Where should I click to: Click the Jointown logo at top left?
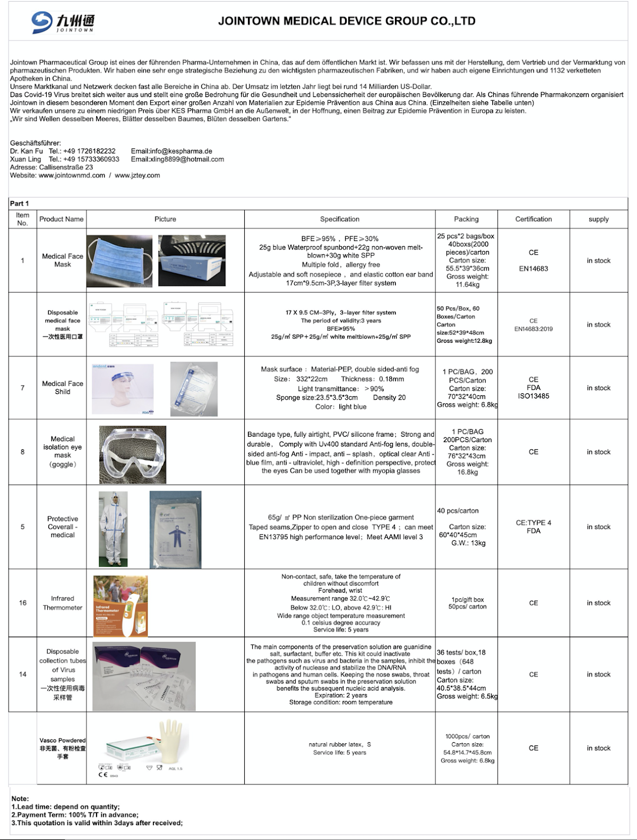click(x=63, y=22)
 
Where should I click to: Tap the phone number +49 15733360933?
click(x=91, y=159)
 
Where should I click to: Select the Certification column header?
click(x=533, y=219)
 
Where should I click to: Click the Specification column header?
click(x=340, y=219)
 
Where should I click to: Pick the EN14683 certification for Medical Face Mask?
click(x=533, y=269)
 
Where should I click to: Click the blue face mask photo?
click(x=119, y=262)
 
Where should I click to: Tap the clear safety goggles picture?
click(x=133, y=454)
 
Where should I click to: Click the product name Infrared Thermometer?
click(x=63, y=603)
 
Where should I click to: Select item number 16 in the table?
click(x=23, y=603)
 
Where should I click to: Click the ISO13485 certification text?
click(x=533, y=396)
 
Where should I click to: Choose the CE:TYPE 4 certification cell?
click(x=533, y=523)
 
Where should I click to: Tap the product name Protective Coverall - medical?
click(x=63, y=527)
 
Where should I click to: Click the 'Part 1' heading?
click(x=20, y=204)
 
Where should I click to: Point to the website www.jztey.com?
click(x=137, y=176)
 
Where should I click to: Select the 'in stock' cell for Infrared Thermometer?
click(x=598, y=603)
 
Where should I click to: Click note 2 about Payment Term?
click(x=75, y=815)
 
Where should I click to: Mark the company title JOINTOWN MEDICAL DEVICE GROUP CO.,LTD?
click(x=347, y=21)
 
